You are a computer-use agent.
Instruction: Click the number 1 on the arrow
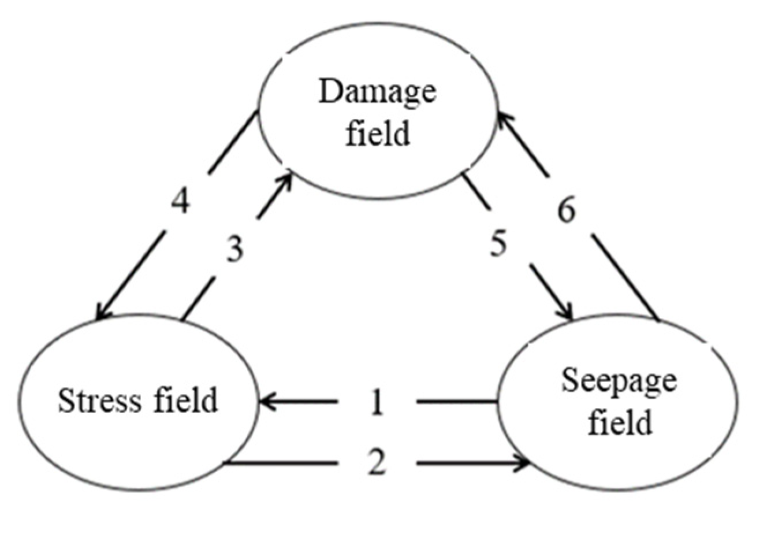point(377,402)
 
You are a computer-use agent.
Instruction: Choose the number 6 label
point(566,211)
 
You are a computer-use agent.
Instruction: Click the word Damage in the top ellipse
point(377,92)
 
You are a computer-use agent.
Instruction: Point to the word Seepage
point(619,381)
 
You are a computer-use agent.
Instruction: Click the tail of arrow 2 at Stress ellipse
point(226,463)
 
